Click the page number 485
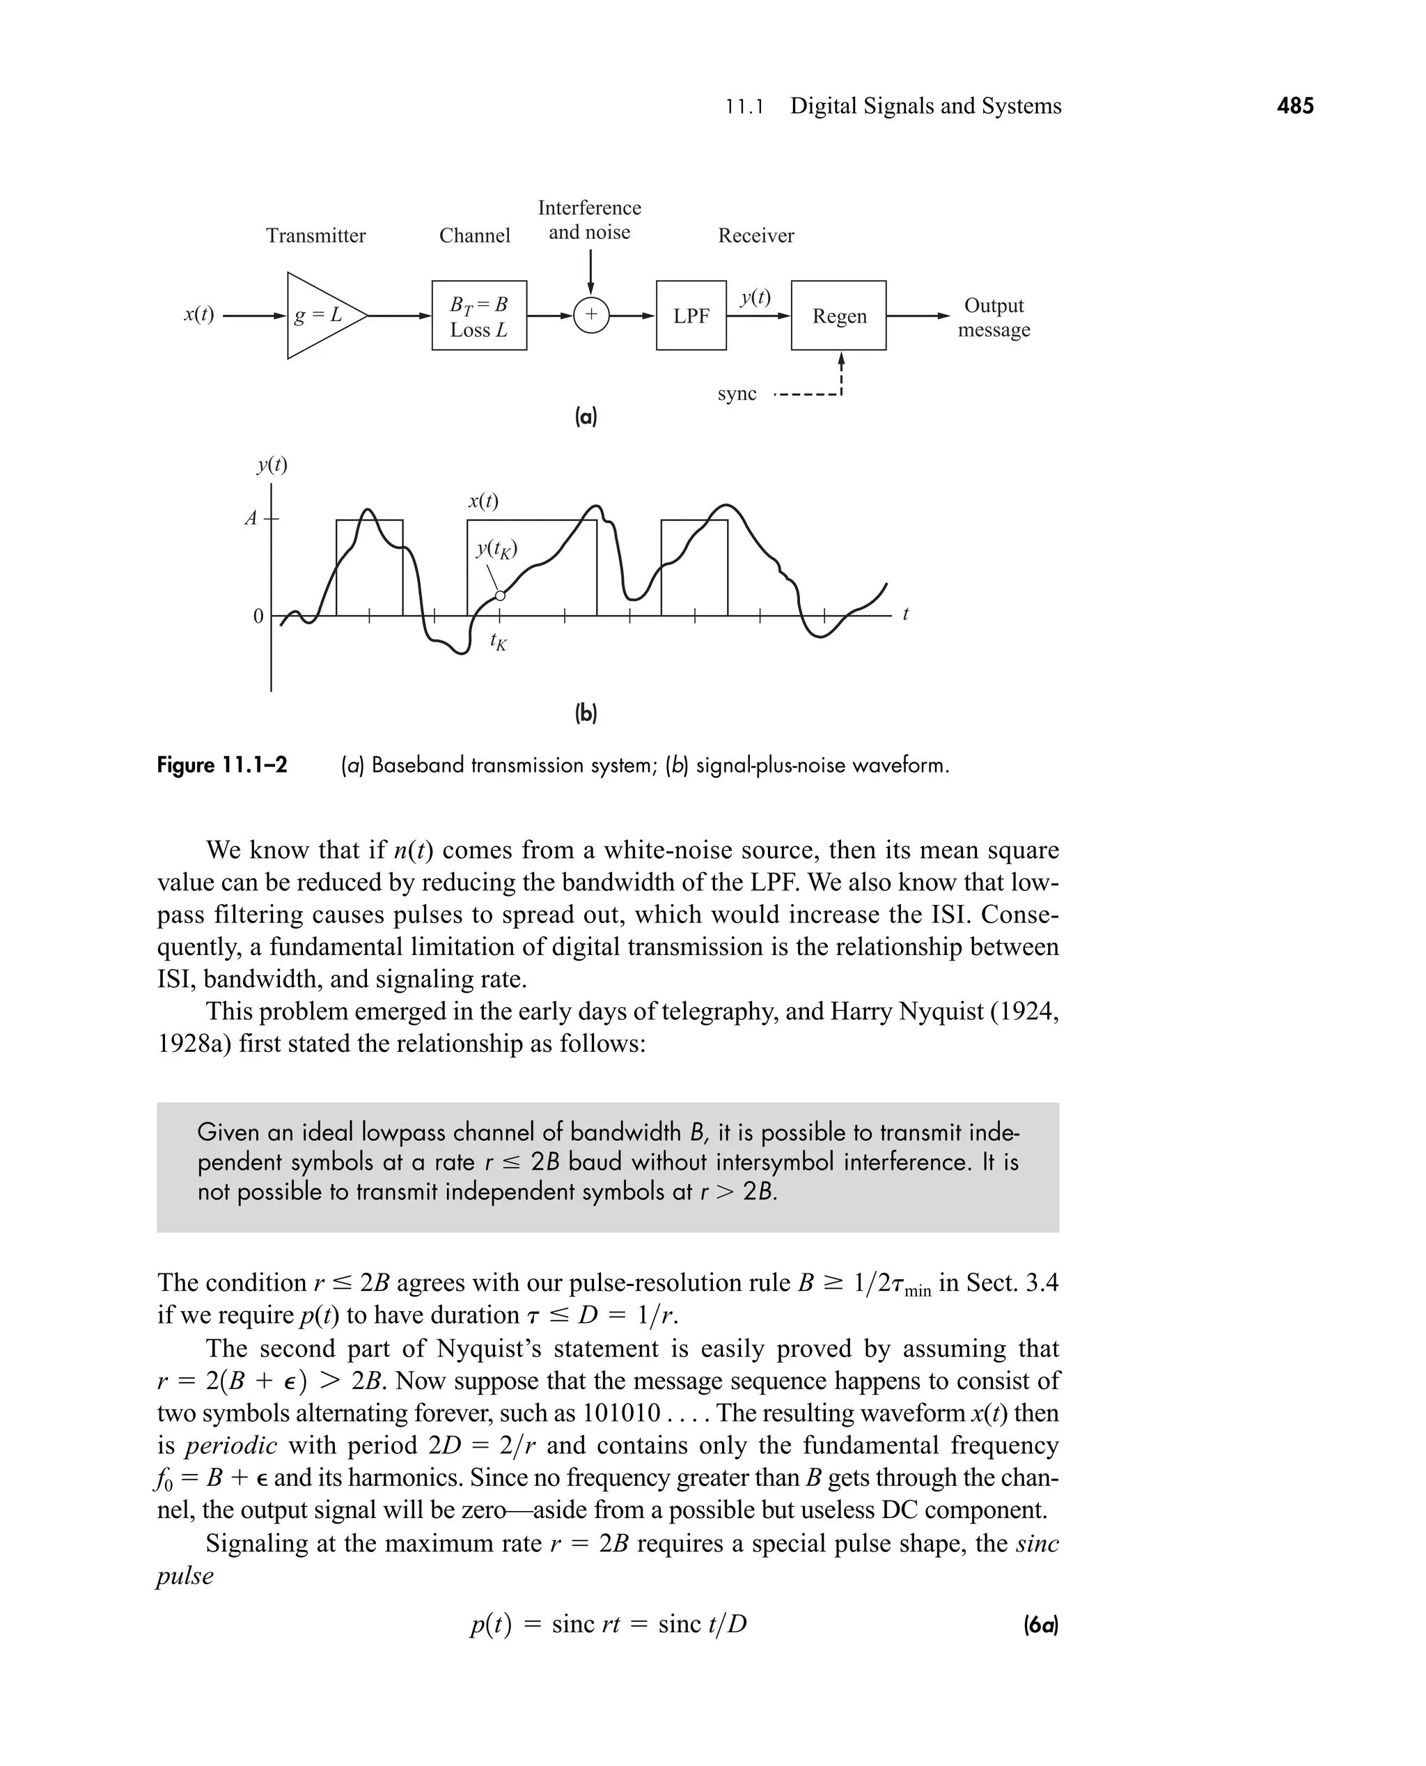1294,106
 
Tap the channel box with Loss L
479,316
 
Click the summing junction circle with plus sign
590,316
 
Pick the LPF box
691,316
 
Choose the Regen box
838,316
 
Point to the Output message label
993,317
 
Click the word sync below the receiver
737,394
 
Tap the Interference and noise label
589,219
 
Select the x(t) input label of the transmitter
198,314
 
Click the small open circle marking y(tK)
500,596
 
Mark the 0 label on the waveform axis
258,617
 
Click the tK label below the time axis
498,642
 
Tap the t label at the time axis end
905,614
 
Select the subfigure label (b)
586,713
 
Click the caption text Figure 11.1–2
222,766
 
